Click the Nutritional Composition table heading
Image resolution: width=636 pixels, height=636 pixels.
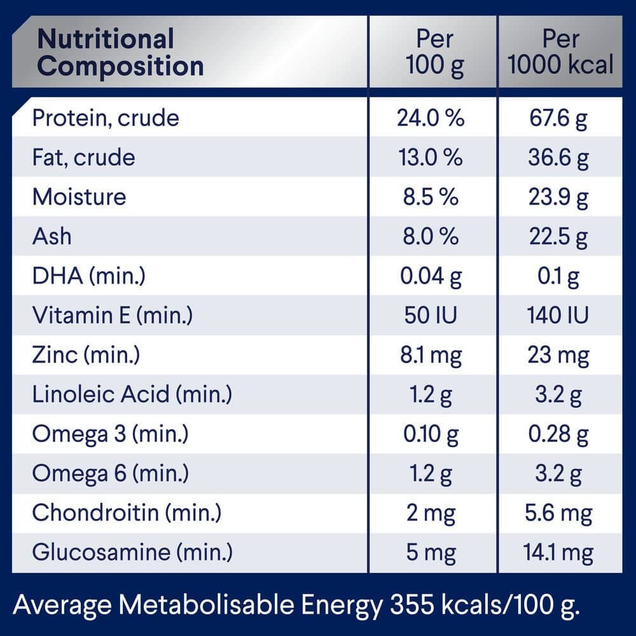(120, 52)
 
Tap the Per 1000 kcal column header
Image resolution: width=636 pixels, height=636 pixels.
(560, 52)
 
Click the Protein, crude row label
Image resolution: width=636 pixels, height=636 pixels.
(106, 118)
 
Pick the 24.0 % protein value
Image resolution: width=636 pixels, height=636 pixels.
(431, 118)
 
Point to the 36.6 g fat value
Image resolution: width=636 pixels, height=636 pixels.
(558, 158)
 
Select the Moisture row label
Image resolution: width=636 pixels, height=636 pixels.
(79, 197)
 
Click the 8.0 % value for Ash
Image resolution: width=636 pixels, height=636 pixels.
(431, 237)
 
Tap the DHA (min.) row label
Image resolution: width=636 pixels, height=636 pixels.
(90, 276)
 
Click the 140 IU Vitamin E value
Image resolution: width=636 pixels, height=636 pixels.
(558, 315)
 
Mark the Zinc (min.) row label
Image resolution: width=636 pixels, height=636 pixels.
(86, 355)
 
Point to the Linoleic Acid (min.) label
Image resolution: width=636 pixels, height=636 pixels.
(132, 394)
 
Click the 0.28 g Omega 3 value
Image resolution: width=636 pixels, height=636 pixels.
(558, 434)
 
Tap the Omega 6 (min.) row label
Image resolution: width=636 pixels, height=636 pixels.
(110, 473)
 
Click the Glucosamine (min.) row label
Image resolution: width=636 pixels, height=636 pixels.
(132, 552)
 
